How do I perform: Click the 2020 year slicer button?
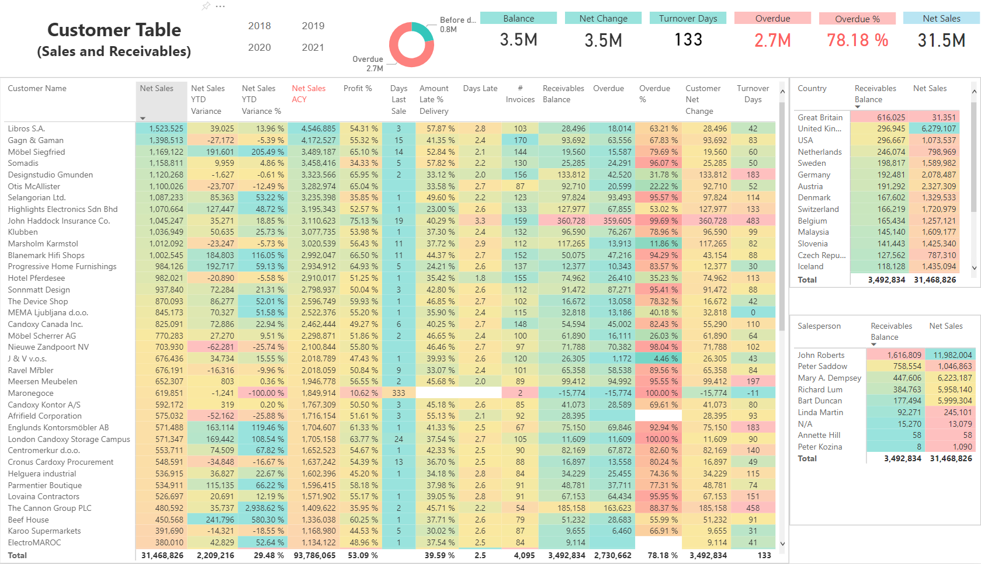point(259,47)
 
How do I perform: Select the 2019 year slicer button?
point(313,26)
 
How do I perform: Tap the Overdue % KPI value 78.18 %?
point(857,40)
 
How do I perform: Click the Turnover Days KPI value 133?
point(688,40)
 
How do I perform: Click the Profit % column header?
point(358,88)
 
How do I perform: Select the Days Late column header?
point(480,88)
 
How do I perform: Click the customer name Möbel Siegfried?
point(36,152)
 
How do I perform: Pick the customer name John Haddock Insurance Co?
point(58,221)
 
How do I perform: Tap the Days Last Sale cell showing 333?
point(398,393)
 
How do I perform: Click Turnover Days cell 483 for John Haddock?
point(753,221)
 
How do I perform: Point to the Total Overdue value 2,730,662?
point(613,555)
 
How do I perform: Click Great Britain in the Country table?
point(820,117)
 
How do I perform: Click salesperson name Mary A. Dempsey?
point(829,378)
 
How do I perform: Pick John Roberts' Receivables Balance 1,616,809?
point(904,355)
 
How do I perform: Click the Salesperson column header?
point(819,326)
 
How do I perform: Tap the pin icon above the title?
point(206,6)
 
